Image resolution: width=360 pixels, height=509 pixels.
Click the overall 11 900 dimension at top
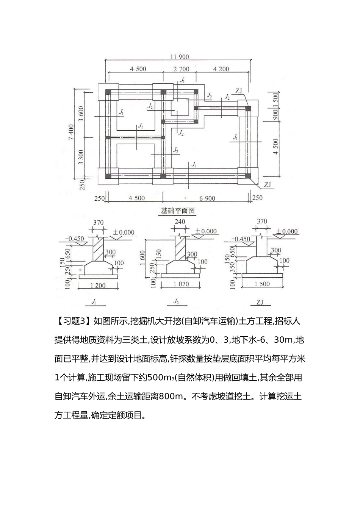[179, 57]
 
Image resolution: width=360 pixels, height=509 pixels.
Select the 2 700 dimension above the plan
[181, 69]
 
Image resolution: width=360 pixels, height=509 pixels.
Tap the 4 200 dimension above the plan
[221, 69]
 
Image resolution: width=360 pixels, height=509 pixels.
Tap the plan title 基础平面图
[178, 211]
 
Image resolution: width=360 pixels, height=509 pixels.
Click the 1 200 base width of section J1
[98, 285]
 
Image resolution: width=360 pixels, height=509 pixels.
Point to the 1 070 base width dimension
[181, 284]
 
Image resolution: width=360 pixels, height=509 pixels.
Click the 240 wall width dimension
[180, 222]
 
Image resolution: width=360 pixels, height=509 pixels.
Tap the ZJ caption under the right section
[260, 302]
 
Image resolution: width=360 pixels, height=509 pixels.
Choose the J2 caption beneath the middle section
[176, 302]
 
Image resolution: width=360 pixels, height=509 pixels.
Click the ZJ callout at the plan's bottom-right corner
[268, 185]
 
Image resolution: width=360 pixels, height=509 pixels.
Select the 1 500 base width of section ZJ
[262, 284]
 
